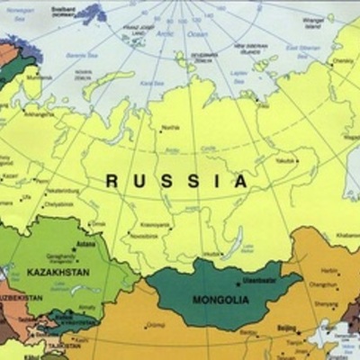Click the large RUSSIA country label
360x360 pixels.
[177, 182]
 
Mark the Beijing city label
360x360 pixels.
[285, 329]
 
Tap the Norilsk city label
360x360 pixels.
[172, 127]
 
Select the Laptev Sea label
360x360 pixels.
[239, 75]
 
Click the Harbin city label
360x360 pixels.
[330, 269]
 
